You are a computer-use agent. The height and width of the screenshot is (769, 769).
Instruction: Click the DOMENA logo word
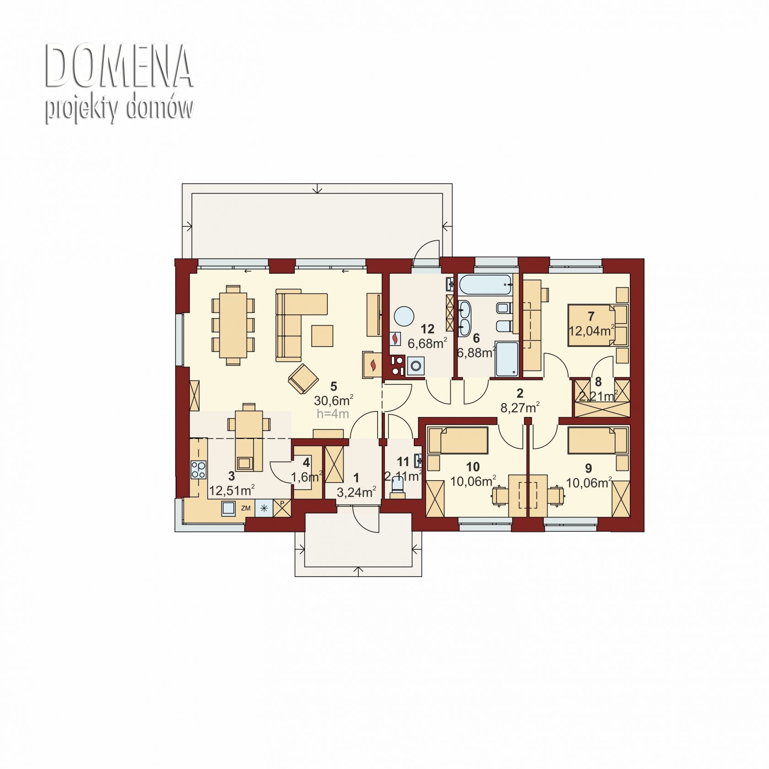[x=119, y=67]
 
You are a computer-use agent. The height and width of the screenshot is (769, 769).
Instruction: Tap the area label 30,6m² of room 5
[x=333, y=401]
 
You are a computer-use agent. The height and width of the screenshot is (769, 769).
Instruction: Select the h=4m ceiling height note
[x=333, y=414]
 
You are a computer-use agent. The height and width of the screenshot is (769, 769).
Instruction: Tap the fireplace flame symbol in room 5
[x=374, y=365]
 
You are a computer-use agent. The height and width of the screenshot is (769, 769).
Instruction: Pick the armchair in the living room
[x=303, y=378]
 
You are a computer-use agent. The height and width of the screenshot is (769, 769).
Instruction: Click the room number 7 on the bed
[x=590, y=316]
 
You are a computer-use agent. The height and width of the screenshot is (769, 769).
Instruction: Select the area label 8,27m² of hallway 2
[x=520, y=407]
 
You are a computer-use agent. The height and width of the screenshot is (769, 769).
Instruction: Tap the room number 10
[x=473, y=466]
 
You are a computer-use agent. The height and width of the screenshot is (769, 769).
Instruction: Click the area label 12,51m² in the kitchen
[x=232, y=491]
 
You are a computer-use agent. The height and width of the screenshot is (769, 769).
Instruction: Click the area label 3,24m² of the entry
[x=356, y=492]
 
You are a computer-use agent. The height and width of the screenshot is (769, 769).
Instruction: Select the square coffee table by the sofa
[x=323, y=335]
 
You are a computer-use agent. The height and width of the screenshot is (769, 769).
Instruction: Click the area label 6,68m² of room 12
[x=427, y=343]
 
